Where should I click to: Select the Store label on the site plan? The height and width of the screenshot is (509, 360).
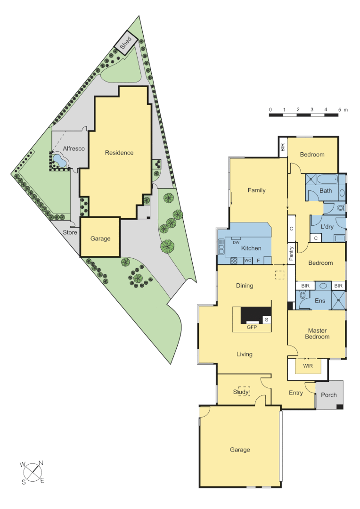click(70, 232)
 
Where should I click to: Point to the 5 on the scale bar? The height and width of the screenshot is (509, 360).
click(339, 110)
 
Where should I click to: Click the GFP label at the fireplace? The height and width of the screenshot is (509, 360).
click(251, 327)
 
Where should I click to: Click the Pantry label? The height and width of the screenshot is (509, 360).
click(291, 254)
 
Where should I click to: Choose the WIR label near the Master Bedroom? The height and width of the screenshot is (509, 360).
click(308, 366)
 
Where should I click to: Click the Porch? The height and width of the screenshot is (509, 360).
click(329, 394)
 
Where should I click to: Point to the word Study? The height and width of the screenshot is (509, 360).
click(241, 392)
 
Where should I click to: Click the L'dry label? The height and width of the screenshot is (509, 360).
click(327, 227)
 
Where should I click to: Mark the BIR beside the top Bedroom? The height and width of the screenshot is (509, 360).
click(283, 147)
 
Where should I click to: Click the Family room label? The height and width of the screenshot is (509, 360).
click(257, 190)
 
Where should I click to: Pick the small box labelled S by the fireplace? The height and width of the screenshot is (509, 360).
click(266, 320)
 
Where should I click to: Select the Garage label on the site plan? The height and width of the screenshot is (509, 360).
click(100, 238)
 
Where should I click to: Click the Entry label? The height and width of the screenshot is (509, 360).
click(296, 393)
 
